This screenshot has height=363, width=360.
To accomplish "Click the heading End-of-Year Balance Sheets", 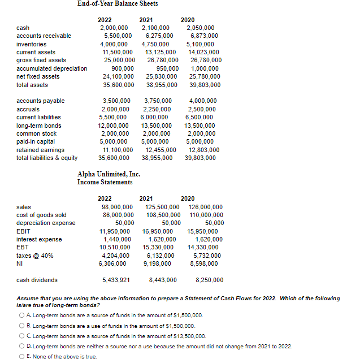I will [118, 4].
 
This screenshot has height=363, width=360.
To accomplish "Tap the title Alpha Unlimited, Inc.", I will [109, 174].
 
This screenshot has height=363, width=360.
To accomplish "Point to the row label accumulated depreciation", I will [52, 68].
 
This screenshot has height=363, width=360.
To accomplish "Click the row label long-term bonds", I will [39, 126].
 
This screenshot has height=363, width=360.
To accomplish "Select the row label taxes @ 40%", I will [35, 256].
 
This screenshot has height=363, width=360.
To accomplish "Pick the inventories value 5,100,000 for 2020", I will [200, 44].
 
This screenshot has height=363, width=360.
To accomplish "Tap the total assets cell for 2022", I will [118, 85].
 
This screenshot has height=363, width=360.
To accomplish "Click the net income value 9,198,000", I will [159, 263].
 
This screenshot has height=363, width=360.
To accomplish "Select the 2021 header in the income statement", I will [146, 198].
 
